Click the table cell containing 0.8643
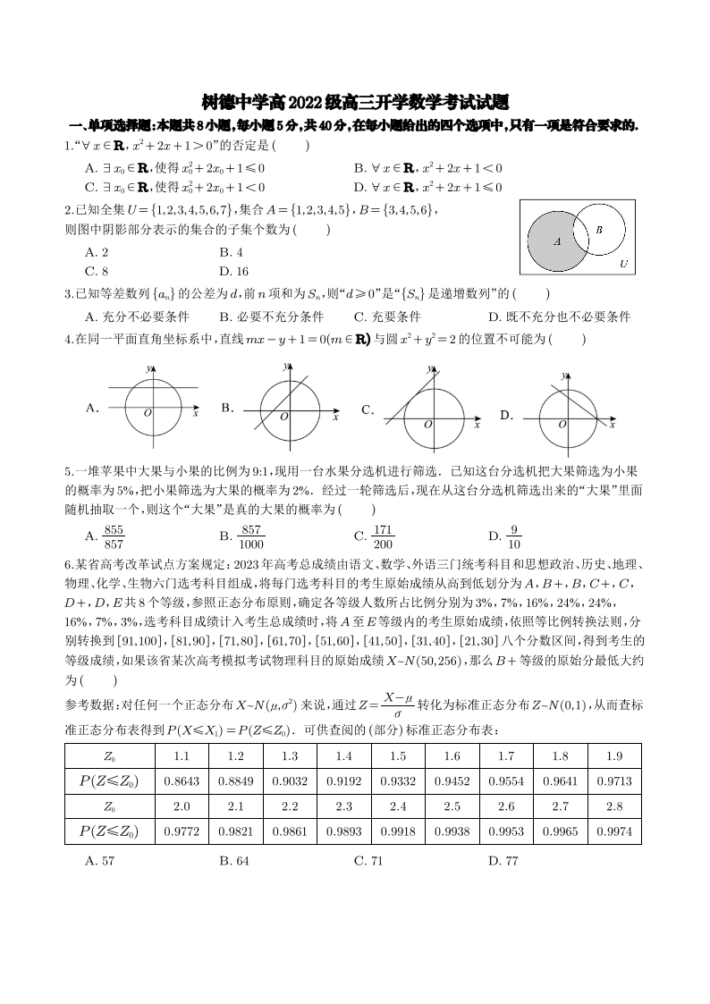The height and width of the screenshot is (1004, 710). (182, 780)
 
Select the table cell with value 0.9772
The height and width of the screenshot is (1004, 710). (182, 832)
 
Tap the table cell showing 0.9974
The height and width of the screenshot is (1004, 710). (614, 832)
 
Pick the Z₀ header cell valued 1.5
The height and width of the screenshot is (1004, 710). (398, 755)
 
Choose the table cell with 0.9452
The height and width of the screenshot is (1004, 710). (452, 780)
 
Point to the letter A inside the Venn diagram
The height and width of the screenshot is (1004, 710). (556, 240)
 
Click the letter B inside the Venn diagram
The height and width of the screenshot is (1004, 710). (598, 230)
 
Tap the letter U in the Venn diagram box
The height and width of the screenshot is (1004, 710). (623, 264)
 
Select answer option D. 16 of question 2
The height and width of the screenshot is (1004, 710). (233, 271)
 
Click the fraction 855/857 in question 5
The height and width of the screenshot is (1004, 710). (114, 536)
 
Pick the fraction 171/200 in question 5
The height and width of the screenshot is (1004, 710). (383, 536)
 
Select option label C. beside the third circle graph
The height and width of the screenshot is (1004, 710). (367, 409)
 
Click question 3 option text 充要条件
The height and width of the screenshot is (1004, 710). (387, 316)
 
